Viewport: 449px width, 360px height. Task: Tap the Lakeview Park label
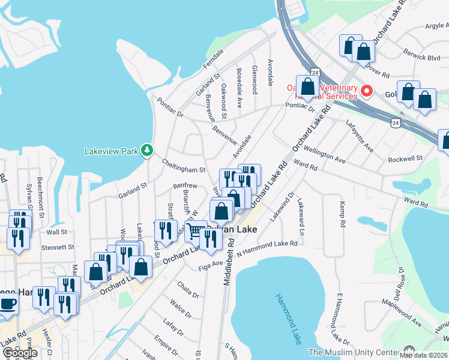point(111,151)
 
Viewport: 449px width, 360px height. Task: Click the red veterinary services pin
point(366,92)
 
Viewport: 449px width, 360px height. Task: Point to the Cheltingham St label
point(184,166)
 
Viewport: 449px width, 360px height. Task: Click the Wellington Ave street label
point(324,154)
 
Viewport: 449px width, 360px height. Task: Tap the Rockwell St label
point(405,158)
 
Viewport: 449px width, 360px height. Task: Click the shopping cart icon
point(195,230)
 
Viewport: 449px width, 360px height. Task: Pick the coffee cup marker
point(7,304)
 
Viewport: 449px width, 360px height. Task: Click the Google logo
point(19,353)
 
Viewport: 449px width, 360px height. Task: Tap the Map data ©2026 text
point(424,355)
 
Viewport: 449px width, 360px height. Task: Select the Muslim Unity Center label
point(354,352)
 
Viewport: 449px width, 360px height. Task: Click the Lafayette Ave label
point(359,136)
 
